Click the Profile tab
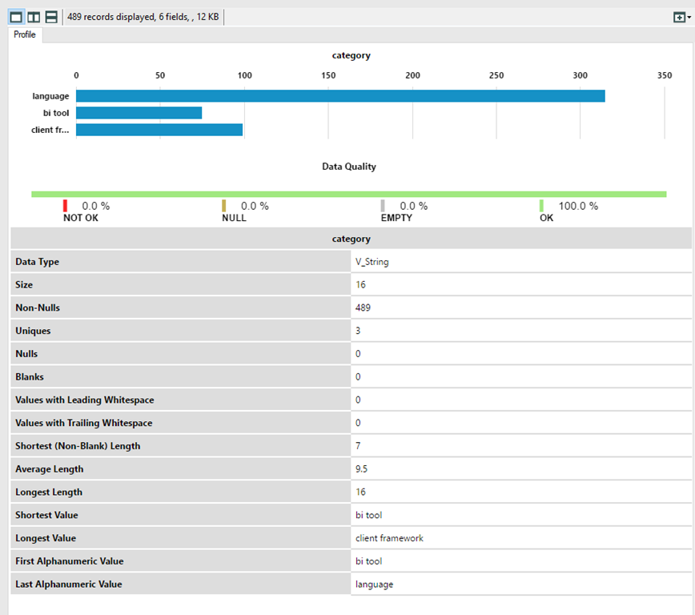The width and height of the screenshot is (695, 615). point(25,34)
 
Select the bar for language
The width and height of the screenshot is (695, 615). point(340,96)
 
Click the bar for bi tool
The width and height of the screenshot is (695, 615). point(139,113)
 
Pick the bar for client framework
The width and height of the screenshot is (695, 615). point(159,130)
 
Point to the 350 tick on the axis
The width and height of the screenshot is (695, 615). point(664,75)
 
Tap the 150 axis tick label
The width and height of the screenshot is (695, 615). point(328,75)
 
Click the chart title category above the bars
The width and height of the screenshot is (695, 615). point(351,55)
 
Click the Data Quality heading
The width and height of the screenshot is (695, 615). point(348,167)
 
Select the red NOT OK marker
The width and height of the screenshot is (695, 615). point(66,206)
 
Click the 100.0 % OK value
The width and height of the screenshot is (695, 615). point(578,206)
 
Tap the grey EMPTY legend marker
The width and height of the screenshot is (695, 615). point(383,206)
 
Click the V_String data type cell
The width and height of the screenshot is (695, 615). point(372,262)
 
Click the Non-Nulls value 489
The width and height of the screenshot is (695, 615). point(363,307)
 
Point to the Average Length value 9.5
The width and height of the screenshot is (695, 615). point(362,469)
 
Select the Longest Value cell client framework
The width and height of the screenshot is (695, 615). point(389,538)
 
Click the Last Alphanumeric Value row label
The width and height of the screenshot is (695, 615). point(68,585)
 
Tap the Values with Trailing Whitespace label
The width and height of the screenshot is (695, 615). point(83,423)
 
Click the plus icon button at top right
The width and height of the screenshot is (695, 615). point(680,17)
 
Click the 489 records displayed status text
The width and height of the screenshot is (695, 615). point(143,17)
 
